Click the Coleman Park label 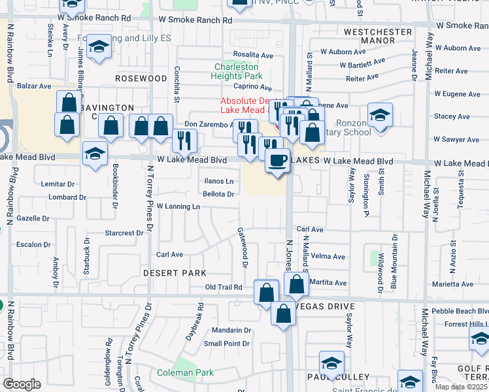pyautogui.click(x=176, y=372)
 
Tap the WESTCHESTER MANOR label pyautogui.click(x=378, y=36)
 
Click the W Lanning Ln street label pyautogui.click(x=178, y=206)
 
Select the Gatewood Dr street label pyautogui.click(x=243, y=248)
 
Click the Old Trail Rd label pyautogui.click(x=224, y=287)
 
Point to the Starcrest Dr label pyautogui.click(x=124, y=233)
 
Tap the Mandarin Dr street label pyautogui.click(x=231, y=331)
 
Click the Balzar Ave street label pyautogui.click(x=35, y=86)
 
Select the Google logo pyautogui.click(x=22, y=384)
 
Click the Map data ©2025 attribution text pyautogui.click(x=461, y=387)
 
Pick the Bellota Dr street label pyautogui.click(x=218, y=194)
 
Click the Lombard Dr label pyautogui.click(x=63, y=197)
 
